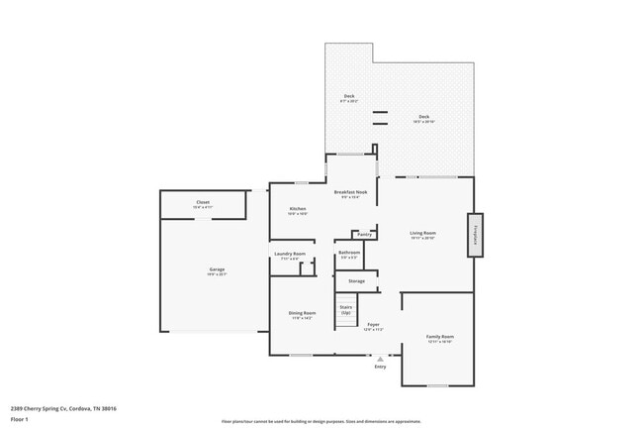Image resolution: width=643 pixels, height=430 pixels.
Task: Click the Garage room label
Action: pyautogui.click(x=217, y=270)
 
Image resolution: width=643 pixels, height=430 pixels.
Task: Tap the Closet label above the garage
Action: pyautogui.click(x=202, y=202)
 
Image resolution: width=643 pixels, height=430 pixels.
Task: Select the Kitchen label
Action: pyautogui.click(x=297, y=209)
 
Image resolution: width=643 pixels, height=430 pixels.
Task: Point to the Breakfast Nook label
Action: pyautogui.click(x=351, y=192)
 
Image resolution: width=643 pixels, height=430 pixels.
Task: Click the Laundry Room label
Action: pyautogui.click(x=290, y=255)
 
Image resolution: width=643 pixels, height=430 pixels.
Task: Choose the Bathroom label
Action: pyautogui.click(x=349, y=253)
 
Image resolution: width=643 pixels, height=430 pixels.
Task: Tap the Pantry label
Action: pyautogui.click(x=364, y=235)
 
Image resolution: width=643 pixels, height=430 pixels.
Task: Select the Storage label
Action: pyautogui.click(x=355, y=280)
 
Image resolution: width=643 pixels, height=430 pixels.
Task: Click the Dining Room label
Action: pyautogui.click(x=302, y=314)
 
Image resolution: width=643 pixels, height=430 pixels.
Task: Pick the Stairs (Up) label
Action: pyautogui.click(x=346, y=309)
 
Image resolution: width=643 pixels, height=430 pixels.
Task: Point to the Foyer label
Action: pyautogui.click(x=373, y=325)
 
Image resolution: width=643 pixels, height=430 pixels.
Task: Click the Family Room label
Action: pyautogui.click(x=439, y=338)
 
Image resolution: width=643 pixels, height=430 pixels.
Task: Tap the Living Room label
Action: pyautogui.click(x=423, y=235)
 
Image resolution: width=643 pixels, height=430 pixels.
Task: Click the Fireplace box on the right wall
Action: pyautogui.click(x=475, y=235)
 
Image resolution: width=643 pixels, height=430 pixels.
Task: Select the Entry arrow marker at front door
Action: pyautogui.click(x=380, y=360)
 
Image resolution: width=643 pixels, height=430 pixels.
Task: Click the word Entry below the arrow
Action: pyautogui.click(x=380, y=368)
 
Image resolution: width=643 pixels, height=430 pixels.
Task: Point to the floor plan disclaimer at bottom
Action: pyautogui.click(x=321, y=421)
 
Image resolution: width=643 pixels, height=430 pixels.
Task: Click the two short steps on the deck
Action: pyautogui.click(x=380, y=119)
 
